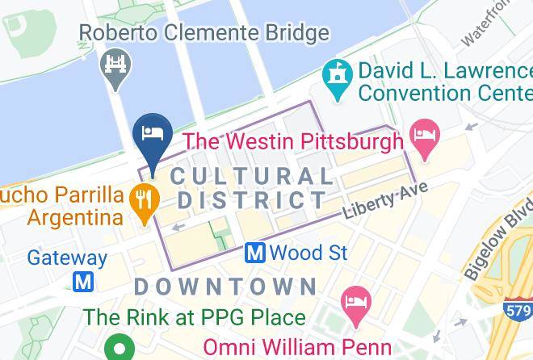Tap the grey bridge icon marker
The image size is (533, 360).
[x=113, y=64]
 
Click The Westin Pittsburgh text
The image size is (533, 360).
[x=292, y=142]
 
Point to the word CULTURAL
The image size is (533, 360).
[x=251, y=176]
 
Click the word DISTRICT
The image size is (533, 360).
[x=253, y=199]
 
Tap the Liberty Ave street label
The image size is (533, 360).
[x=384, y=202]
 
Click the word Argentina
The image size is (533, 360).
[x=74, y=218]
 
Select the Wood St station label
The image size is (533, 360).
[x=308, y=253]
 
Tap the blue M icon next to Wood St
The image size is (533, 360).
[x=256, y=253]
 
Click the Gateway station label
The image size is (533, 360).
[x=67, y=258]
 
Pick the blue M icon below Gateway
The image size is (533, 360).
[x=82, y=282]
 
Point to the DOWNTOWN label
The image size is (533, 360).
[x=225, y=286]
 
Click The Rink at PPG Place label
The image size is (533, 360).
[x=195, y=317]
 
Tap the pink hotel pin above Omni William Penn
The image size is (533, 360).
[x=354, y=303]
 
